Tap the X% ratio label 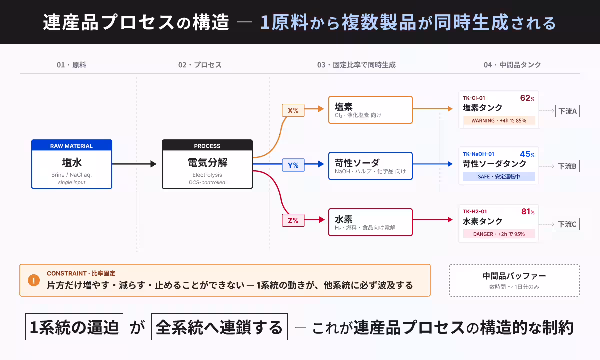[293, 110]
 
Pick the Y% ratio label [293, 165]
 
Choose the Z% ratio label [293, 220]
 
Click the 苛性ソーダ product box [370, 166]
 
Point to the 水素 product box [370, 222]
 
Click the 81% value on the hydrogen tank [527, 212]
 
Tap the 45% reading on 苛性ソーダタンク [527, 154]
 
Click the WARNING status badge [499, 120]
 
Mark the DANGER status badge [499, 234]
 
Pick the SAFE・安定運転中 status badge [499, 176]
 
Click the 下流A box [567, 111]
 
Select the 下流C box [567, 224]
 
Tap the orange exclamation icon [34, 280]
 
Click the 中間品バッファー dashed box [514, 280]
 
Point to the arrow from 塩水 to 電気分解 [134, 164]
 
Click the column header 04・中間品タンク [512, 65]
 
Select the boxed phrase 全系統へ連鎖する [219, 327]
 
